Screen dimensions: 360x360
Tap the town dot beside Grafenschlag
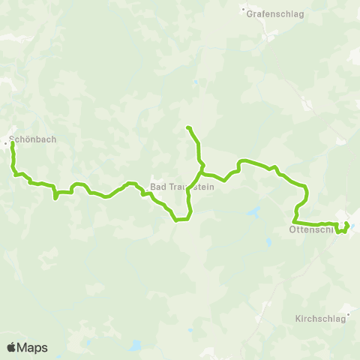click(244, 11)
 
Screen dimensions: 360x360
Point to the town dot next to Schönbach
click(7, 139)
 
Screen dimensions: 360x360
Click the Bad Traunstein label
click(182, 187)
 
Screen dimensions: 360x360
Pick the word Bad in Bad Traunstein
click(157, 187)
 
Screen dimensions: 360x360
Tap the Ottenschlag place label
click(310, 230)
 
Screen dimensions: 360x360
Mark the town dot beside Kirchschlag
click(349, 315)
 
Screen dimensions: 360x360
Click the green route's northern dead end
click(187, 127)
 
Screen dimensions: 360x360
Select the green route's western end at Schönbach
click(13, 143)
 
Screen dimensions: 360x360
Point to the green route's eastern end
click(348, 223)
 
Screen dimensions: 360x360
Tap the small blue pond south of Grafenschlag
click(196, 82)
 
